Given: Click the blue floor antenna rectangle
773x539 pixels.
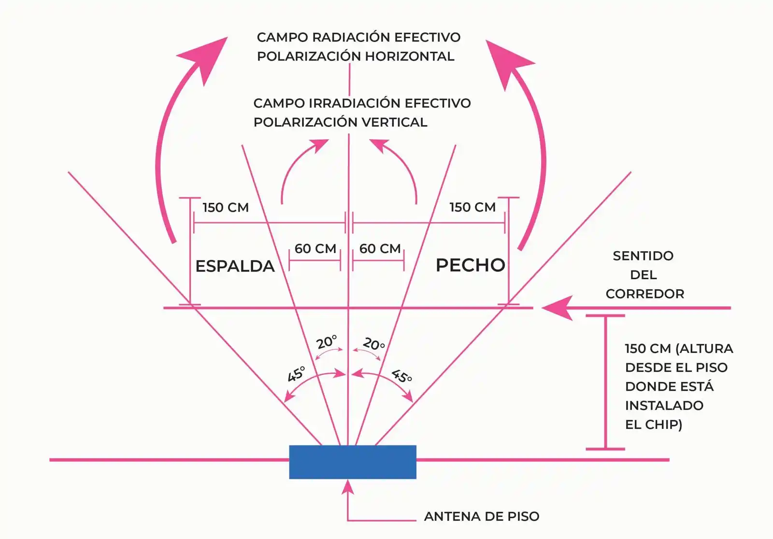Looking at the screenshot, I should pos(353,462).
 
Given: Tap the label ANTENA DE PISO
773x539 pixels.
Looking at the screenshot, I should pos(481,516).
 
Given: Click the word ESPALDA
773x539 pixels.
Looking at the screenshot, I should pos(235,266).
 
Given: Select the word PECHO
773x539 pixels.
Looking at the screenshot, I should pos(470,265).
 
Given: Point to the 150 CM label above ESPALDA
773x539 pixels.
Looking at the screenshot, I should pos(225,208).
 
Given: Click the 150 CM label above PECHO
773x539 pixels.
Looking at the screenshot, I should pos(472,207).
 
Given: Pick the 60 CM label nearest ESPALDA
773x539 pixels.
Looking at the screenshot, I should pos(315,249).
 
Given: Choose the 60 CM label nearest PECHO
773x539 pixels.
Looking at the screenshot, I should pos(380,249).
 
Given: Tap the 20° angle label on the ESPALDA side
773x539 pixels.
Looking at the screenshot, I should pos(327,342).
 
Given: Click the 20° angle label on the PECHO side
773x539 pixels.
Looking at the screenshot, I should pos(373,344).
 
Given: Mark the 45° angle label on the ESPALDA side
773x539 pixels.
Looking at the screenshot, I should pos(296,374).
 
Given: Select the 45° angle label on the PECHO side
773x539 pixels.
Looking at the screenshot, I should pos(401,376).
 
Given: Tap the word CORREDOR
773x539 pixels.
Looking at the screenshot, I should pos(644,294).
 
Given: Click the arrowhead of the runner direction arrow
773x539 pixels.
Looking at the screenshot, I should pos(556,308).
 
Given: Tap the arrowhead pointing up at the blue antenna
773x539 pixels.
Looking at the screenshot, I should pos(348,487).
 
